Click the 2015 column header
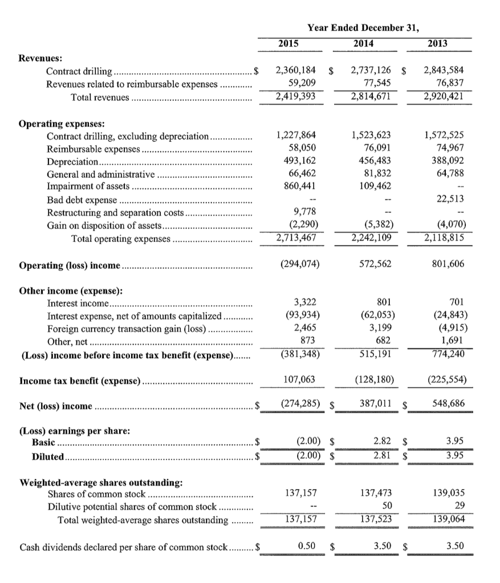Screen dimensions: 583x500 (x=289, y=43)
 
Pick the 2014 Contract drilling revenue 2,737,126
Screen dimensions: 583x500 (x=371, y=71)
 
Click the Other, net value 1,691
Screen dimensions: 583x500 (x=452, y=340)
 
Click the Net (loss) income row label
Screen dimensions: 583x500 (x=56, y=406)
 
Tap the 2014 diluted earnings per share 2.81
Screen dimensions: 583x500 (x=382, y=455)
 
